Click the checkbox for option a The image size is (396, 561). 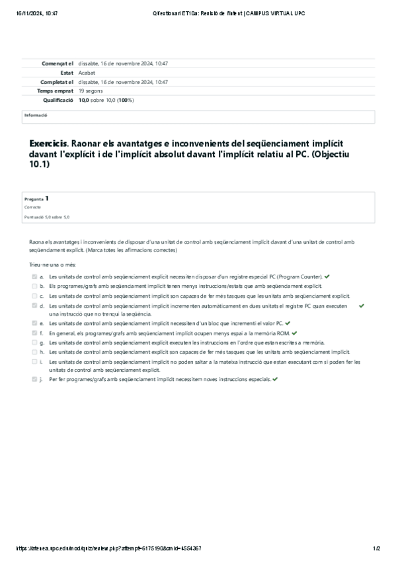coord(34,276)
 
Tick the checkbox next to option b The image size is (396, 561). coord(34,286)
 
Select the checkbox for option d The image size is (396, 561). coord(34,306)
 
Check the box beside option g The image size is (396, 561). coord(34,343)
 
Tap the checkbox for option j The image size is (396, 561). coord(34,380)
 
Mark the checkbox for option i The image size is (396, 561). coord(34,362)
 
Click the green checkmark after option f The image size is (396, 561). coord(295,333)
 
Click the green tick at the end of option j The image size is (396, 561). coord(274,380)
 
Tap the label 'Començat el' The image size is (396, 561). coord(57,64)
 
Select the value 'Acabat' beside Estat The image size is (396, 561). coord(87,73)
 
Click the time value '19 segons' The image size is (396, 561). coord(91,91)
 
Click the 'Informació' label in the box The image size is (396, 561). coord(36,114)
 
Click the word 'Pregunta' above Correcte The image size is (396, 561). coord(34,198)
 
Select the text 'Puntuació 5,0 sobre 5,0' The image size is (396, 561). coord(46,217)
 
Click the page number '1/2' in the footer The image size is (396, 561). coord(376,548)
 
